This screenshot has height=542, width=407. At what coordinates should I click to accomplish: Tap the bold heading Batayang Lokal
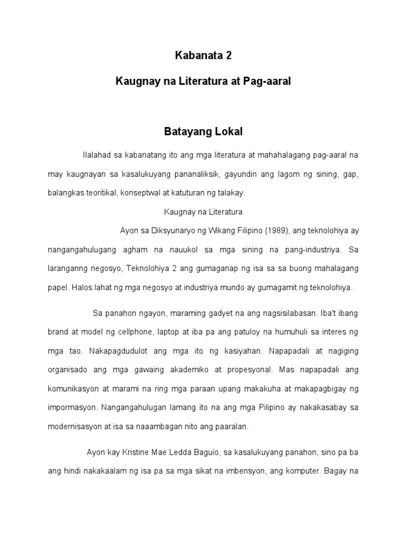coord(203,131)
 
